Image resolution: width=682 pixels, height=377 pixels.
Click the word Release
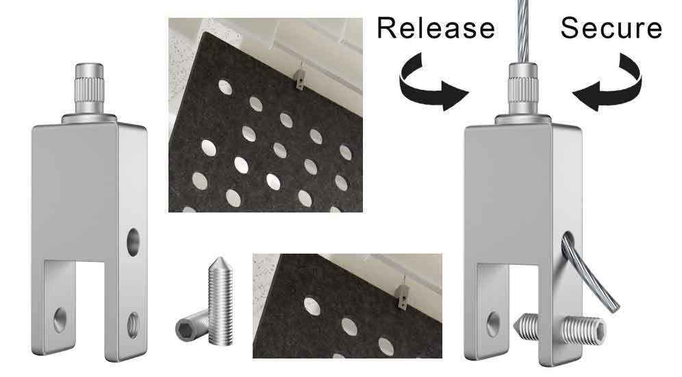point(435,28)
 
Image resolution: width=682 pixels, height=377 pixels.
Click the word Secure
point(611,28)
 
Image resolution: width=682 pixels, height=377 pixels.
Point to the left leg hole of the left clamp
point(60,317)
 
